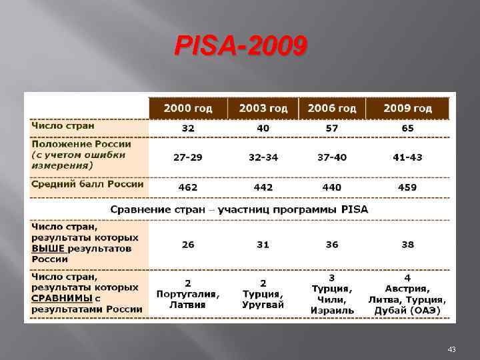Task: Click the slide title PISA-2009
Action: pos(241,47)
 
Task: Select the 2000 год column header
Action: pos(188,108)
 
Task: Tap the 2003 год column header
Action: pos(263,108)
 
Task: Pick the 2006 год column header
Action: pos(332,108)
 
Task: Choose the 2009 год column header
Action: pos(407,108)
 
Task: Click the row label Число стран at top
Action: pos(63,125)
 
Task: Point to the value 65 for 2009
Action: pos(407,128)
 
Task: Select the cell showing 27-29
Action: pos(188,157)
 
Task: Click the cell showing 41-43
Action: pos(407,157)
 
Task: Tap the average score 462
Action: pos(188,187)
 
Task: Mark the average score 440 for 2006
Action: pos(332,187)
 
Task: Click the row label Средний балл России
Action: pos(87,184)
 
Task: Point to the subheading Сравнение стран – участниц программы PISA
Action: pos(239,209)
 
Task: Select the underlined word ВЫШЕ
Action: pos(48,249)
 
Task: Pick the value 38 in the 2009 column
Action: pos(407,245)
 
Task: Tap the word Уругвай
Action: pos(263,305)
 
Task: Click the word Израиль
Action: pos(332,310)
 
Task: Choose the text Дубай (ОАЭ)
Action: pos(407,310)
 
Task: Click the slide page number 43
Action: pos(451,349)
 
